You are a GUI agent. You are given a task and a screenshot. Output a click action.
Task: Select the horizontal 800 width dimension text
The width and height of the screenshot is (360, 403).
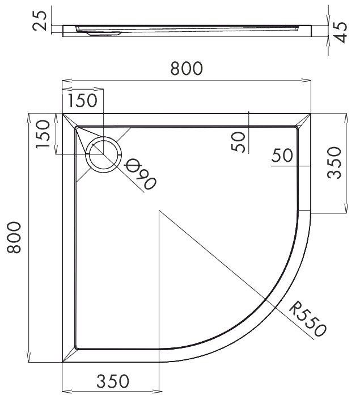(x=186, y=69)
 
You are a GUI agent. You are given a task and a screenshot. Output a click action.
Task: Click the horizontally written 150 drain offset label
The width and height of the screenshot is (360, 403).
(x=83, y=101)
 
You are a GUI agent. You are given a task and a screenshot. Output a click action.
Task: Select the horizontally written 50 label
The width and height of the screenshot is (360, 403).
(x=282, y=156)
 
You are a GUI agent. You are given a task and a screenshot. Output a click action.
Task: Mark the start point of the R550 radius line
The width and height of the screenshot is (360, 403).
(x=160, y=211)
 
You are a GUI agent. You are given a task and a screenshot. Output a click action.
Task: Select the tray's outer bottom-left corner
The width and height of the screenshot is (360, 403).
(x=62, y=362)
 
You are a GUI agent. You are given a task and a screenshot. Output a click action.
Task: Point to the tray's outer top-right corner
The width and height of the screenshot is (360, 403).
(x=311, y=114)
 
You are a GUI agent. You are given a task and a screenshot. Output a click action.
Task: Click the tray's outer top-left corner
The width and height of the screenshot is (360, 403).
(x=62, y=114)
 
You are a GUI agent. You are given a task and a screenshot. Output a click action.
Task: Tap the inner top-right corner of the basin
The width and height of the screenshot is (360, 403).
(x=297, y=127)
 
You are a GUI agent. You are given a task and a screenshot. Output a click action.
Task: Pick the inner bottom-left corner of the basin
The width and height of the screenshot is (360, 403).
(x=76, y=348)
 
